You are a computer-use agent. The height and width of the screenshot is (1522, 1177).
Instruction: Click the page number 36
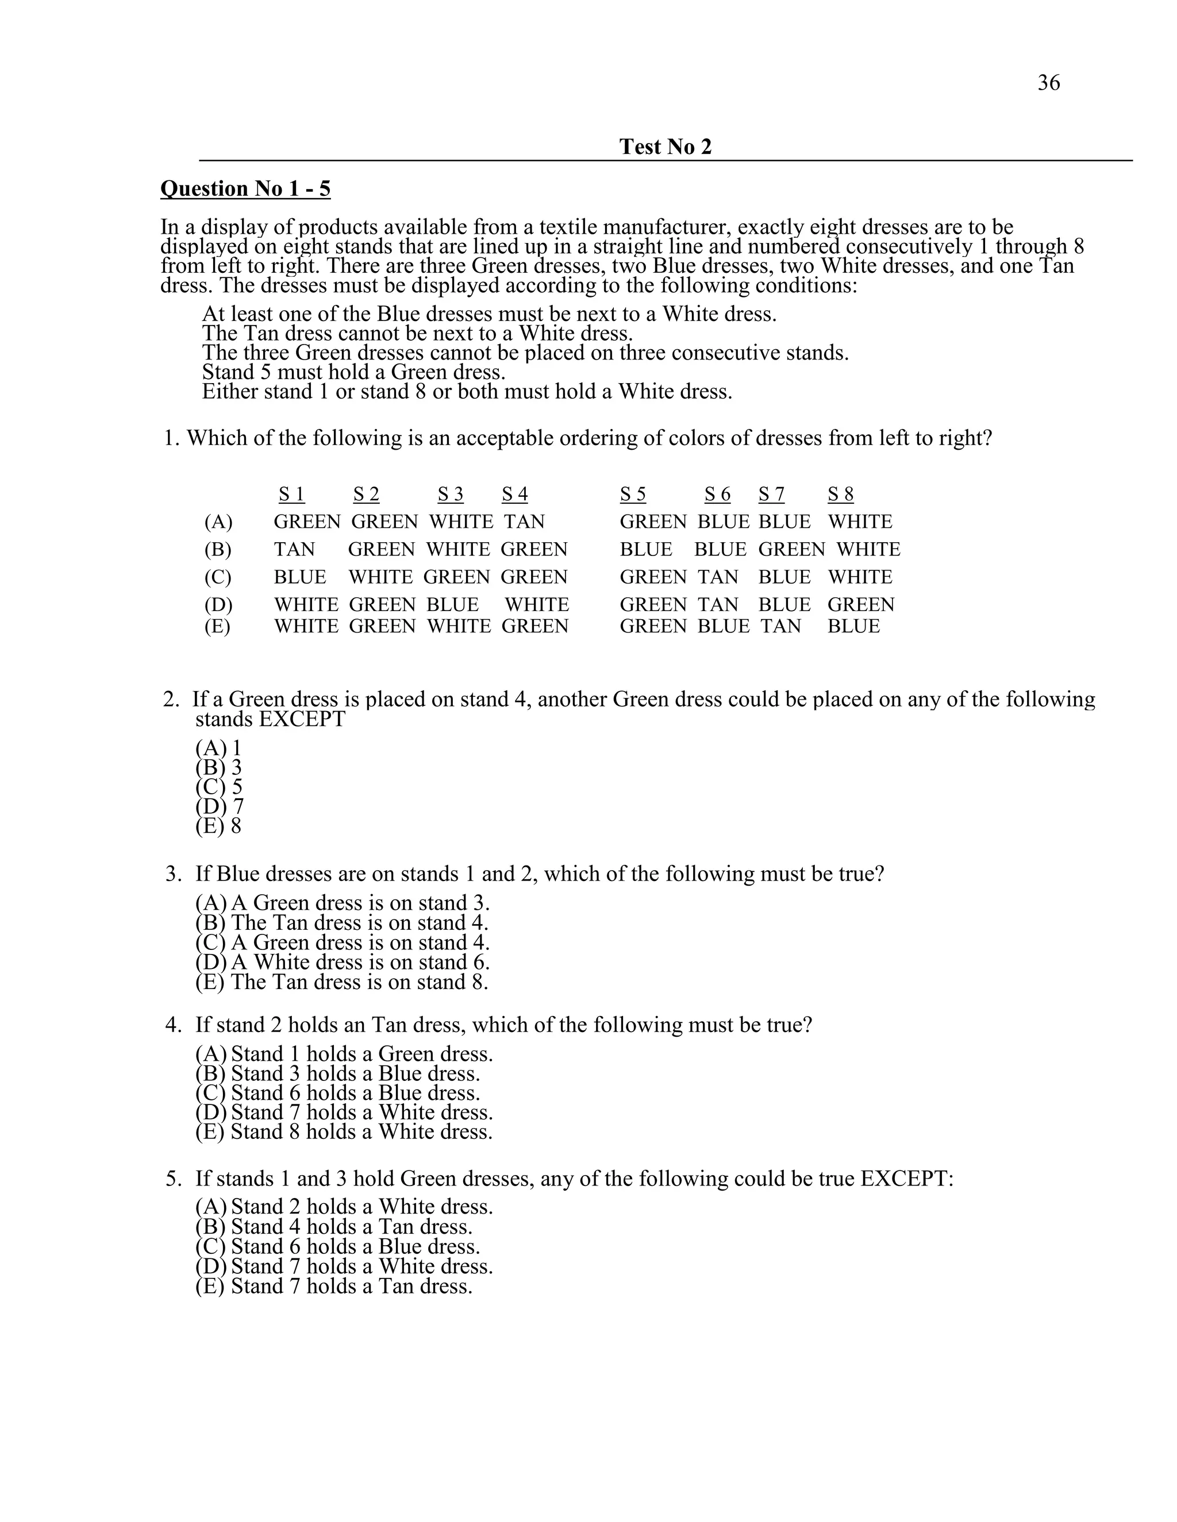[x=1048, y=83]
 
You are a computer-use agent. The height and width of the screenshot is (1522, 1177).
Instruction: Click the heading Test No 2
[x=665, y=147]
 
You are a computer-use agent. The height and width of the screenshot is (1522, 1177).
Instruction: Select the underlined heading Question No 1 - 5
[x=245, y=189]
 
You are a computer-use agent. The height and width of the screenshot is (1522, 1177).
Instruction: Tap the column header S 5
[x=632, y=494]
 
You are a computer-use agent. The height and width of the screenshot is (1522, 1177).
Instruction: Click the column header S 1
[x=291, y=494]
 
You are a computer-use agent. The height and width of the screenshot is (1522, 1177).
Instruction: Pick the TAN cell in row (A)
[x=524, y=522]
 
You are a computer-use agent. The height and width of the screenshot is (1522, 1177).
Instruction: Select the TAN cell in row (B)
[x=294, y=550]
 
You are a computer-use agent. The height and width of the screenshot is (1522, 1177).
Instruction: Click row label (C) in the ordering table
[x=218, y=578]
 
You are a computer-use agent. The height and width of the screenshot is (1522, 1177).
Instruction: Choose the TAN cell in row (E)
[x=780, y=627]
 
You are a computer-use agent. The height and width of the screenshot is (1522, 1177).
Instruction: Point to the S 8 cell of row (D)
[x=860, y=605]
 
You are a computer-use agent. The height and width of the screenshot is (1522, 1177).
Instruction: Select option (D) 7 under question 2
[x=220, y=807]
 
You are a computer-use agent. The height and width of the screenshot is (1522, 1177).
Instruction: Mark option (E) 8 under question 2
[x=218, y=826]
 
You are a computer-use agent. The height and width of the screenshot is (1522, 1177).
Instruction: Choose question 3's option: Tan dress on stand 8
[x=342, y=983]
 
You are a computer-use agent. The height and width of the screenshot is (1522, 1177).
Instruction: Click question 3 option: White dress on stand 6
[x=343, y=963]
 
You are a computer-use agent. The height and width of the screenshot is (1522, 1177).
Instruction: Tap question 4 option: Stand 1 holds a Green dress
[x=344, y=1054]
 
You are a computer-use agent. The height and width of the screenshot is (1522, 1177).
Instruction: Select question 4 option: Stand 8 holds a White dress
[x=344, y=1133]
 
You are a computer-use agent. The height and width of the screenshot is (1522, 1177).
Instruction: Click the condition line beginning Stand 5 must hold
[x=353, y=372]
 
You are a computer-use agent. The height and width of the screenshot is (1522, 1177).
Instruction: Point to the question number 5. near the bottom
[x=174, y=1179]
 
